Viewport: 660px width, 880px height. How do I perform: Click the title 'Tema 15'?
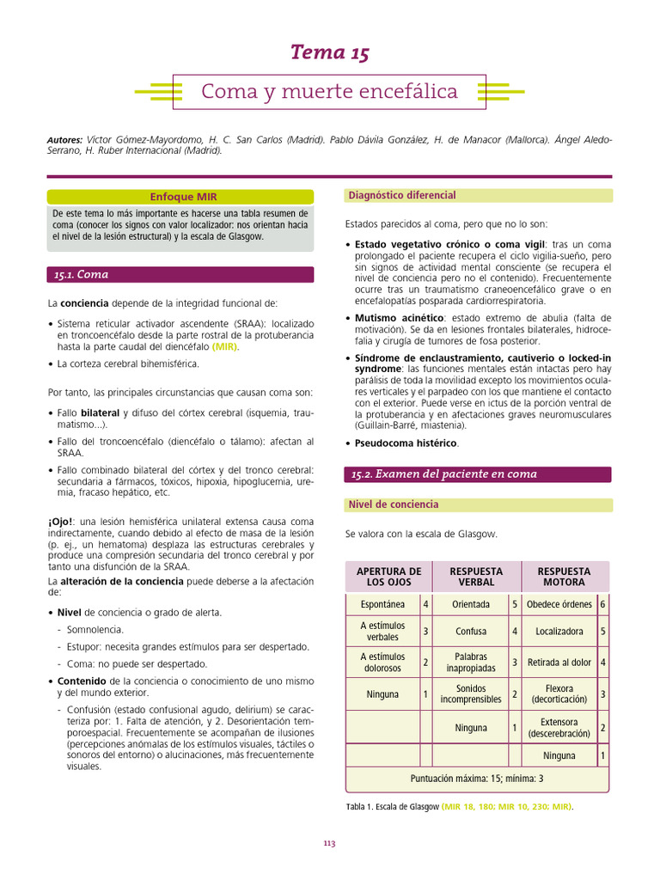(x=330, y=53)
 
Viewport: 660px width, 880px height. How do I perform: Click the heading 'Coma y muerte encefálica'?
(x=329, y=91)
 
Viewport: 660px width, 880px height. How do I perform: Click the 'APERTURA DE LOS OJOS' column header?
(x=388, y=577)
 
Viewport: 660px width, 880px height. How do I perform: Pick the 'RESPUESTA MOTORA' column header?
(x=564, y=577)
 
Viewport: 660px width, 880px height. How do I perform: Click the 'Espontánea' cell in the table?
(x=382, y=604)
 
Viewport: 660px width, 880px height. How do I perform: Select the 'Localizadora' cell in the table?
(x=559, y=632)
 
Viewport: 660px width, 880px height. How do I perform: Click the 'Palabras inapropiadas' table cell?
(x=471, y=663)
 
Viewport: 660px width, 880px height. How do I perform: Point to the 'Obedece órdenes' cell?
(x=559, y=604)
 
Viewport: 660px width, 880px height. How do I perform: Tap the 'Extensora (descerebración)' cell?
(x=559, y=728)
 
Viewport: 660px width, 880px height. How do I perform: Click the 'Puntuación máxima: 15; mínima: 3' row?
(x=476, y=779)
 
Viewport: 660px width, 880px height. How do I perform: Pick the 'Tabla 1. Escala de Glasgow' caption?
(x=392, y=807)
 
